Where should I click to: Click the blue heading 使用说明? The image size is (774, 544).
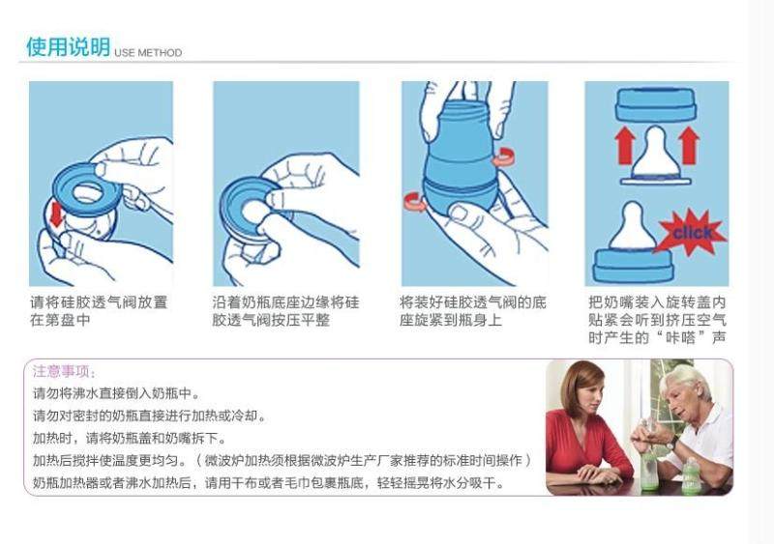[69, 46]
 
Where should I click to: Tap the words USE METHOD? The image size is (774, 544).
[148, 53]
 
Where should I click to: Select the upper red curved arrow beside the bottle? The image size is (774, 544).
[505, 157]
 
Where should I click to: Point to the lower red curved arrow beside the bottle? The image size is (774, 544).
[416, 202]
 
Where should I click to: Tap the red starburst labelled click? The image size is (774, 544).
[691, 232]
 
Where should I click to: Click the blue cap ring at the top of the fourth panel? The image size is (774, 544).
[656, 104]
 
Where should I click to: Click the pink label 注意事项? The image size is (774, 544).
[64, 371]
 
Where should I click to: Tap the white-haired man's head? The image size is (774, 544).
[687, 389]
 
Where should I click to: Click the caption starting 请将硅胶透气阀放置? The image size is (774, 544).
[99, 311]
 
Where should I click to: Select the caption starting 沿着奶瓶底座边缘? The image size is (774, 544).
[285, 311]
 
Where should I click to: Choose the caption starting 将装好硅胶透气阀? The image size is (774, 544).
[473, 311]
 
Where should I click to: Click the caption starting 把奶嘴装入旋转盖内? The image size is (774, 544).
[657, 320]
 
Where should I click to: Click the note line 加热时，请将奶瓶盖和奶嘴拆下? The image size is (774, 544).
[131, 438]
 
